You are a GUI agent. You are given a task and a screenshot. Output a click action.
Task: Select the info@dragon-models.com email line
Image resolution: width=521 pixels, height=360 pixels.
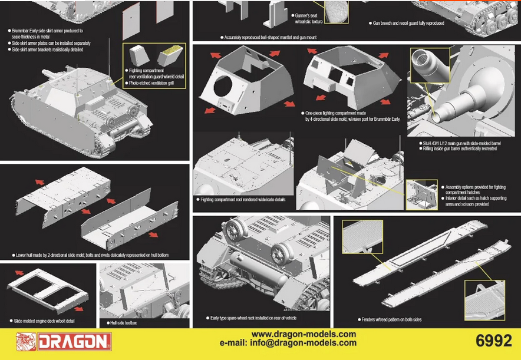coord(288,343)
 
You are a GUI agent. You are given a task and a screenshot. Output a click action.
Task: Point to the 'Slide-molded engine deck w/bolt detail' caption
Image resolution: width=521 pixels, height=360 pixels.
coord(44,321)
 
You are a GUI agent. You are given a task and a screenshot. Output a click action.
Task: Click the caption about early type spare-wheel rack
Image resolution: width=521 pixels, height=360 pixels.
coord(253,318)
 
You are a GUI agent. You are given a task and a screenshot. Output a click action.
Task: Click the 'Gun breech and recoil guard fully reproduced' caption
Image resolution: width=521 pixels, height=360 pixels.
coord(412,24)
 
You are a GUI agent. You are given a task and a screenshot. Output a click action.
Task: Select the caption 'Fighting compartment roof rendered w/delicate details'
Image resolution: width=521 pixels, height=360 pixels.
coord(243,200)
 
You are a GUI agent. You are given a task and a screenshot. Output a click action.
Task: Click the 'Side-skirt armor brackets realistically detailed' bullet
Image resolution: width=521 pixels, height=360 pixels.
coord(48,49)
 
